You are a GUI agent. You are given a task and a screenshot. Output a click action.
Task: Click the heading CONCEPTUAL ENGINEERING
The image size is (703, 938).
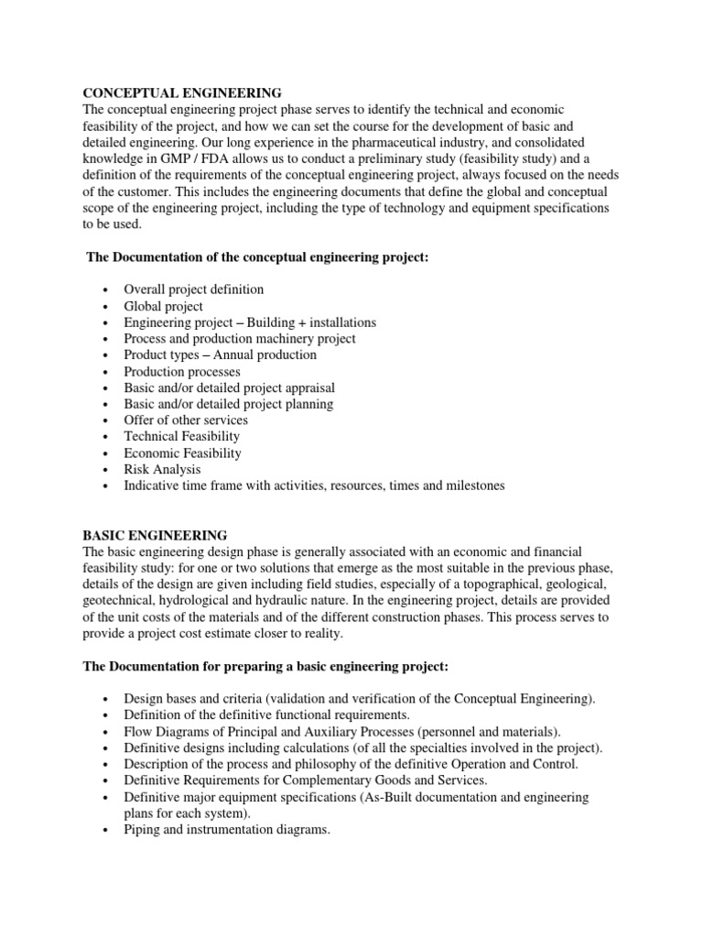coord(183,93)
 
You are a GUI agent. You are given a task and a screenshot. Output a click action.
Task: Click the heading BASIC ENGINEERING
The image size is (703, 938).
coord(156,535)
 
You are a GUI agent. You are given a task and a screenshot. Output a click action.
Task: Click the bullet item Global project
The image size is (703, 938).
coord(163,306)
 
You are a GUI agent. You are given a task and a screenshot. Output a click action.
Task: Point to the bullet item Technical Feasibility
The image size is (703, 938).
coord(181,437)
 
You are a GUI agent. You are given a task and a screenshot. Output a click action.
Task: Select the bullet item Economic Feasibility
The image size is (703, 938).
coord(182,453)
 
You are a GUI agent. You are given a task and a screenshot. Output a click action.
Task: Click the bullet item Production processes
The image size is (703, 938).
coord(182,371)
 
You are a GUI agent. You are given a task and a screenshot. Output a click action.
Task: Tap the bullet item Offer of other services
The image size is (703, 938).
coord(186,420)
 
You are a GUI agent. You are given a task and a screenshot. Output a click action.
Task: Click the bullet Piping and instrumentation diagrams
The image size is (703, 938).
coord(226,830)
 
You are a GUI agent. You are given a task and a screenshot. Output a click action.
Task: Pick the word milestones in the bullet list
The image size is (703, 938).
coord(469,485)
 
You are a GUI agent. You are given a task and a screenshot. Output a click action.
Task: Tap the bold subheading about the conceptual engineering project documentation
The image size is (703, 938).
coord(257,257)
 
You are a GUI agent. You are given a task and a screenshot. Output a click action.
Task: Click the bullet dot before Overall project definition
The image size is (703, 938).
coord(107,290)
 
